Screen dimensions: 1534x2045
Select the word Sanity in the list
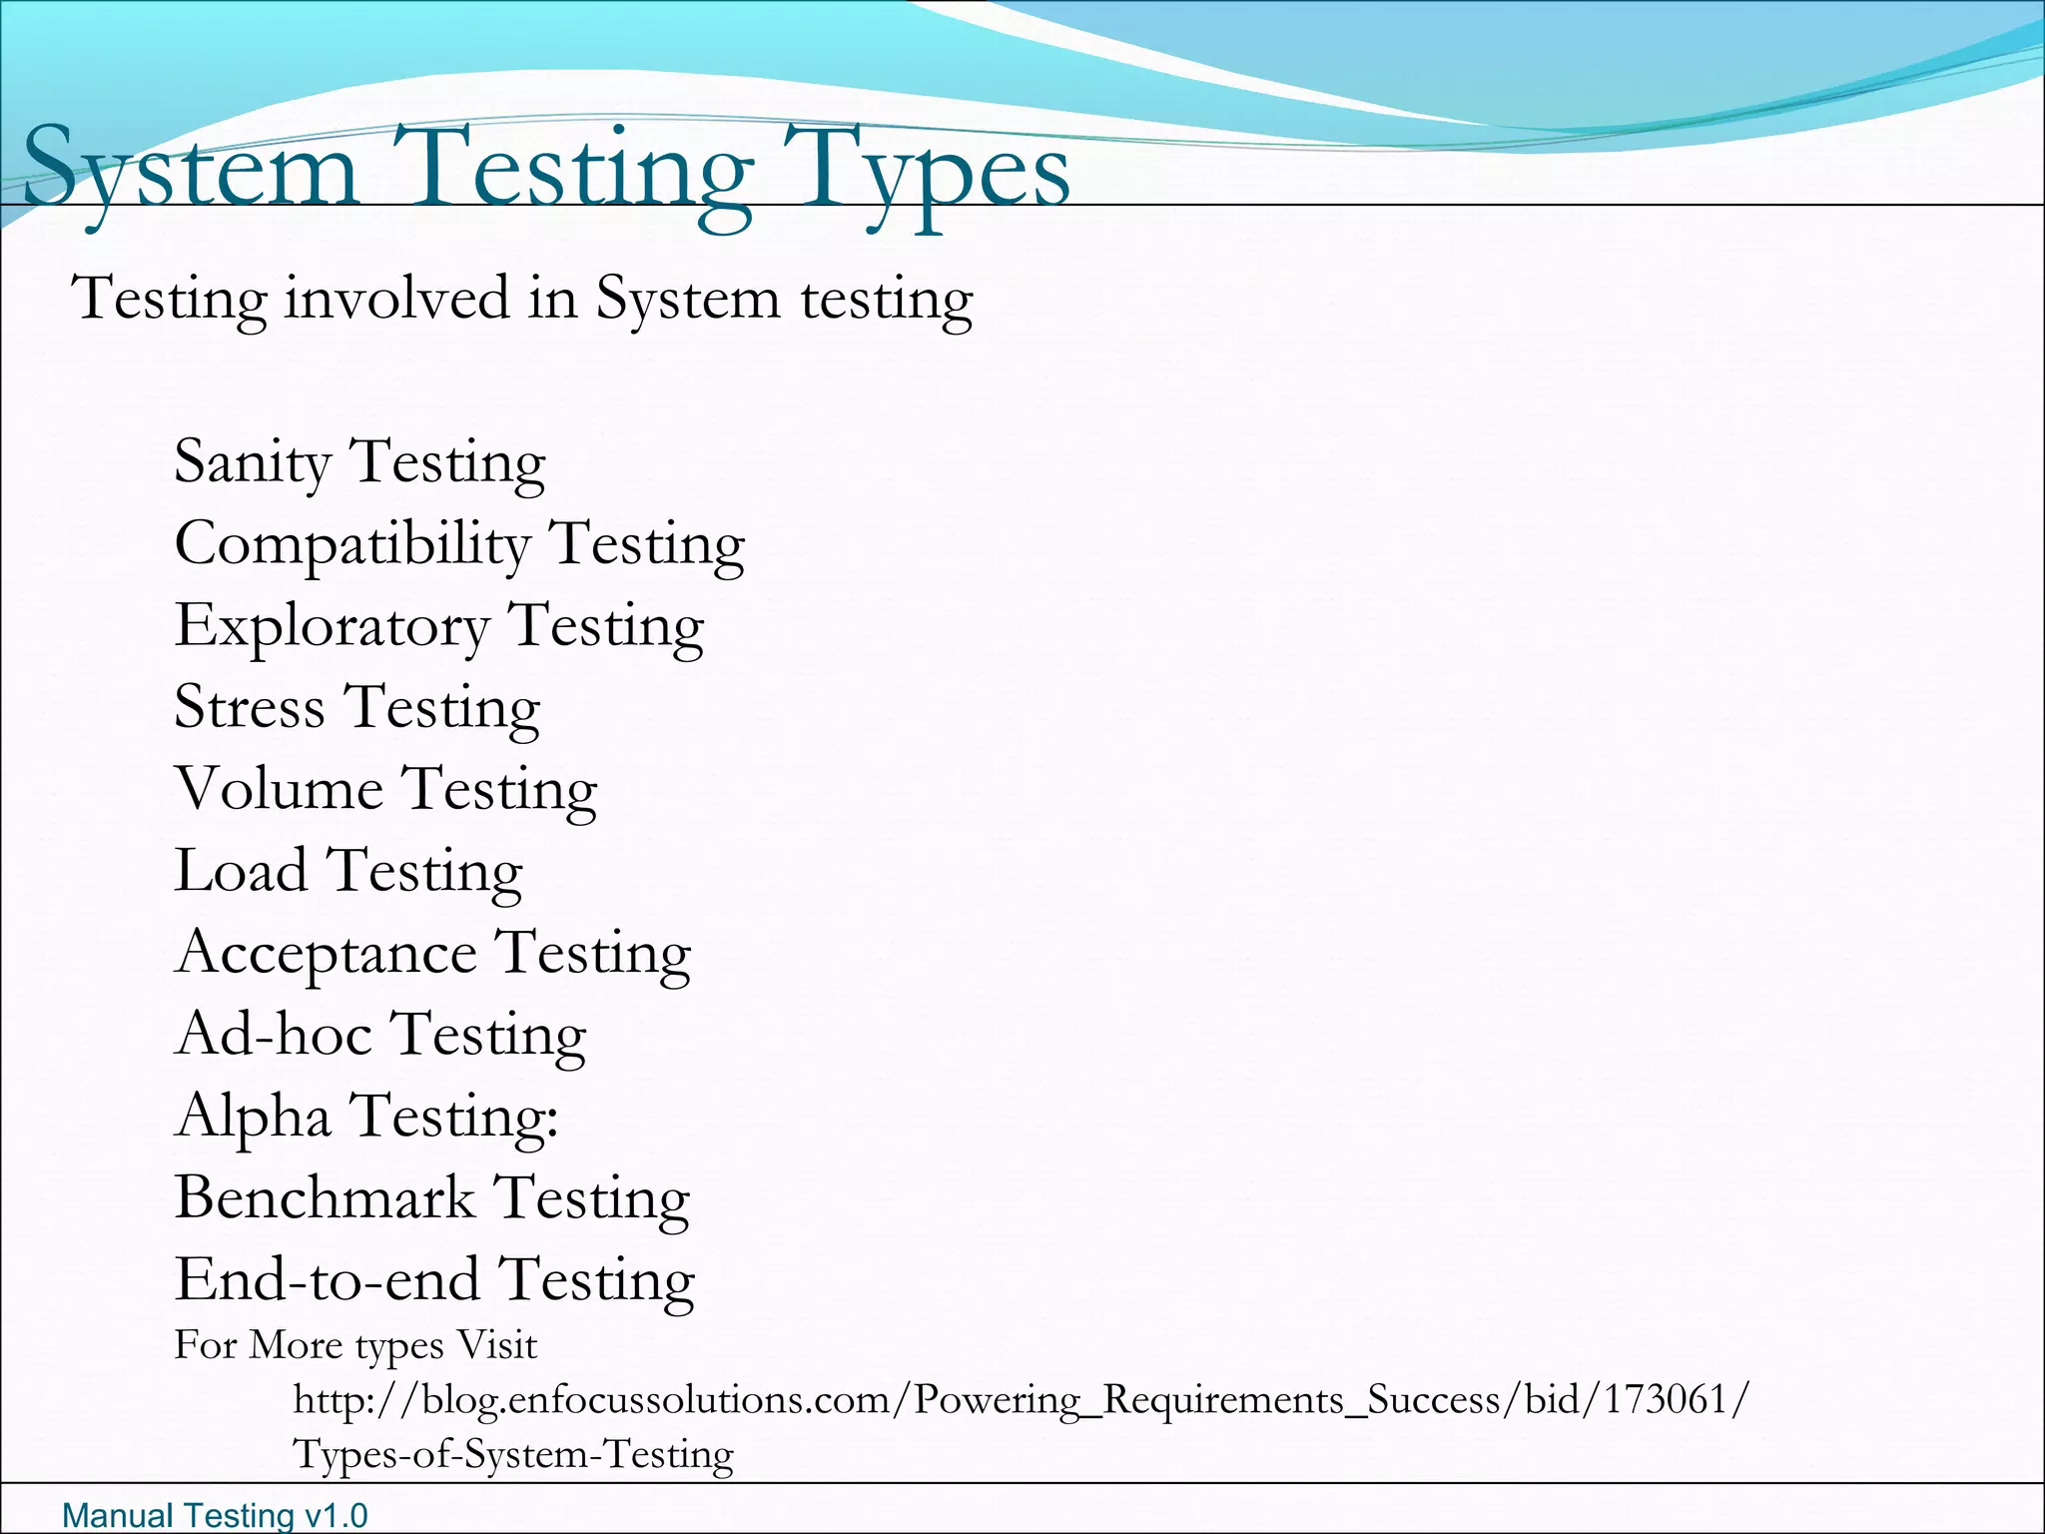(253, 461)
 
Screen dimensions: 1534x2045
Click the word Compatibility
(351, 544)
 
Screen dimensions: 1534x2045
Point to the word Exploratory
(332, 627)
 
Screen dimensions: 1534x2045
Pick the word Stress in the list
(250, 707)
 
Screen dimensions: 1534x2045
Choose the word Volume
(279, 789)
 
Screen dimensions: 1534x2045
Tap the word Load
(241, 870)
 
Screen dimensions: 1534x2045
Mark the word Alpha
(253, 1116)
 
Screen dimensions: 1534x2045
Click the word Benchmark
(325, 1197)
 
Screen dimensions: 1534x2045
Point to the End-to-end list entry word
(326, 1279)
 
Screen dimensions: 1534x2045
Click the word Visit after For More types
(496, 1345)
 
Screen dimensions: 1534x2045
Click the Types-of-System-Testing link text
(513, 1454)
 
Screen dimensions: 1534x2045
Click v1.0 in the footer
(336, 1515)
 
